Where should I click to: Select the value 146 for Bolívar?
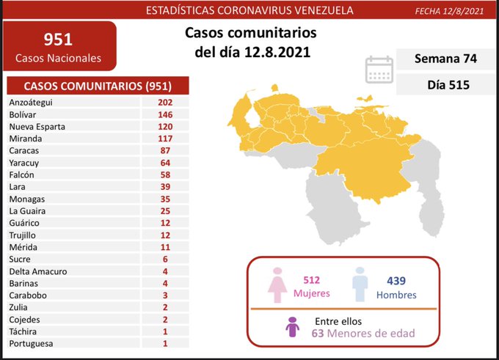pyautogui.click(x=164, y=114)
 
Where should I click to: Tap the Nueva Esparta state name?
pyautogui.click(x=37, y=126)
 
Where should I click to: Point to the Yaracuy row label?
pyautogui.click(x=25, y=163)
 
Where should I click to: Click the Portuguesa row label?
pyautogui.click(x=31, y=343)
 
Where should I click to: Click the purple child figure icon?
pyautogui.click(x=293, y=327)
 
